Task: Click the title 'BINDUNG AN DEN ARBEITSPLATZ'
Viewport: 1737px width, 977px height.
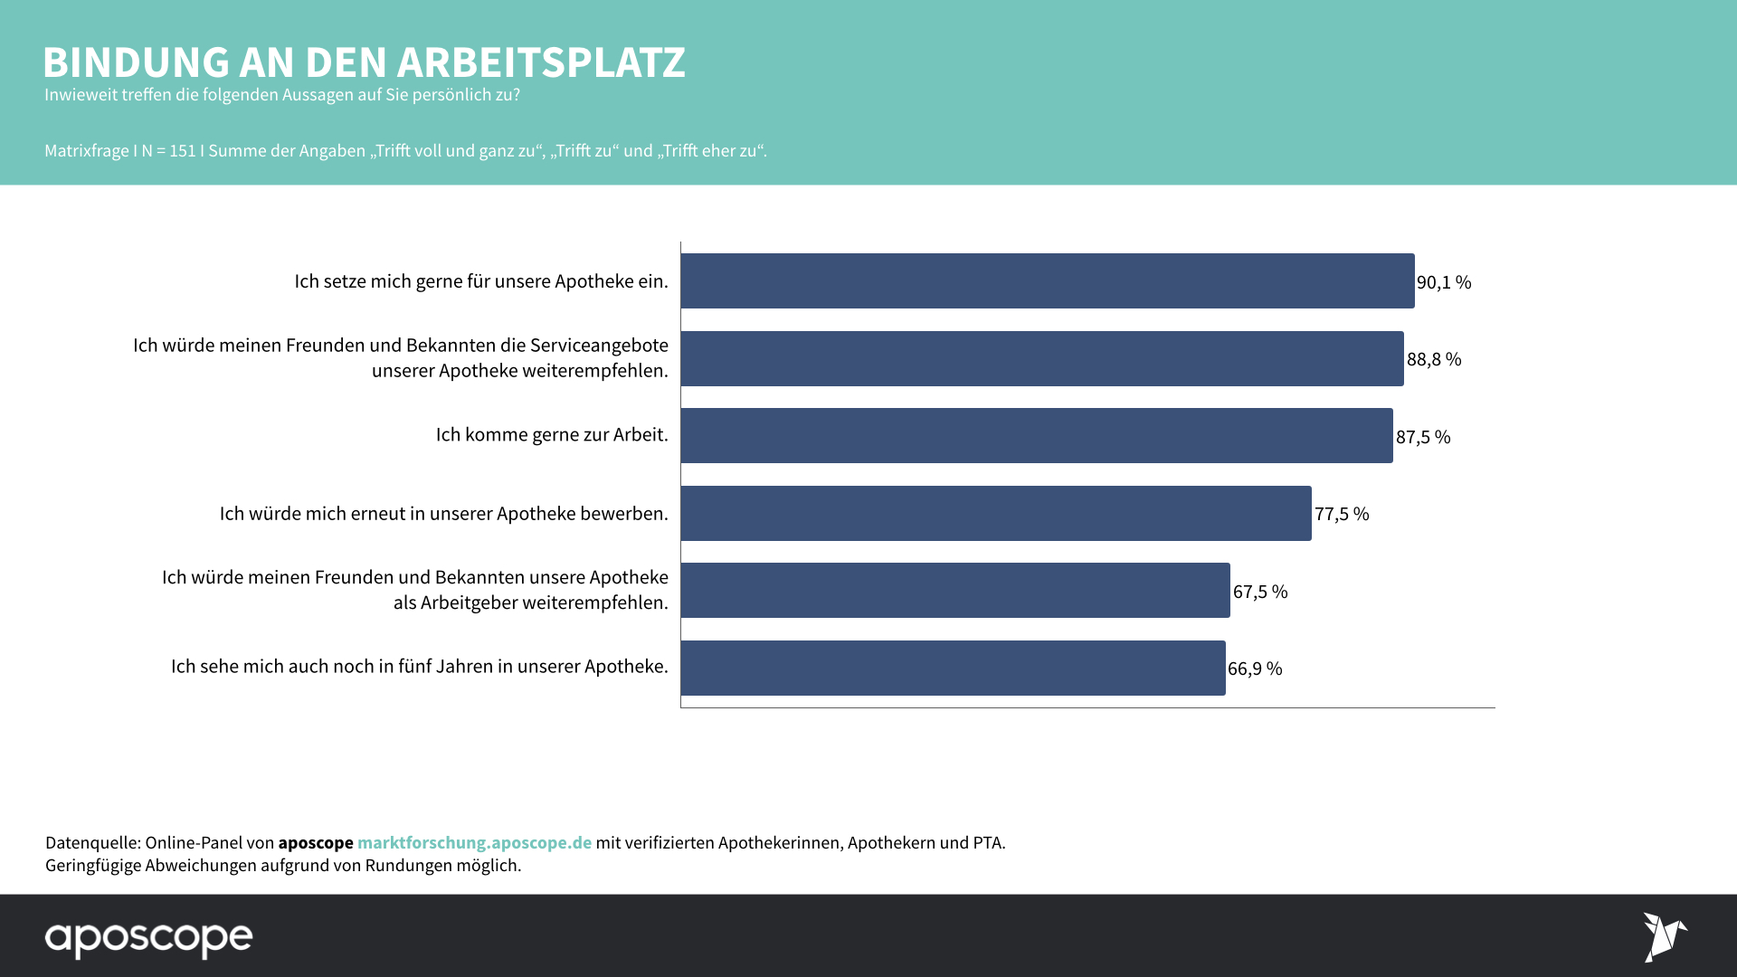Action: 364,62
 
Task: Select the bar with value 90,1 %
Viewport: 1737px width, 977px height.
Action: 1047,281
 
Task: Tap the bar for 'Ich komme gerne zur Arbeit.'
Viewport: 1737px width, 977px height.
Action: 1036,436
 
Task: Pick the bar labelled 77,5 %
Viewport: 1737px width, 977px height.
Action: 995,513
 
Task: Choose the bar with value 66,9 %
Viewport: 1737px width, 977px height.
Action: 953,668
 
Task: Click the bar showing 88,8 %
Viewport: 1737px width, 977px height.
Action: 1041,359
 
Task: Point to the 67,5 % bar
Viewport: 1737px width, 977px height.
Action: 954,591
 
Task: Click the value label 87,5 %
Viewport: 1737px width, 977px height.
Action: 1422,437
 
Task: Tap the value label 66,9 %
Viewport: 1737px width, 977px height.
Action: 1254,669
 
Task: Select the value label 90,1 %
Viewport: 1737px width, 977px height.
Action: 1443,282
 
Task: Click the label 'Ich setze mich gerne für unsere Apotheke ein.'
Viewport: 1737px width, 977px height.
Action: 480,281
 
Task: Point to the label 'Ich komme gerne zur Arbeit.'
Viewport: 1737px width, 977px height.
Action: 551,435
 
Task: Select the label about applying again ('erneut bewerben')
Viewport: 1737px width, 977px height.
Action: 443,514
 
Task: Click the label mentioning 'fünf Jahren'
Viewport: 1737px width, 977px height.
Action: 419,667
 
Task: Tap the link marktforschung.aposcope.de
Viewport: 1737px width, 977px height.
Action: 474,842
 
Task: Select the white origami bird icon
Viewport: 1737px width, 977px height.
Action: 1664,937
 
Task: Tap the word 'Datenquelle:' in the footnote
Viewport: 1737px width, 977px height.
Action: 92,842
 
